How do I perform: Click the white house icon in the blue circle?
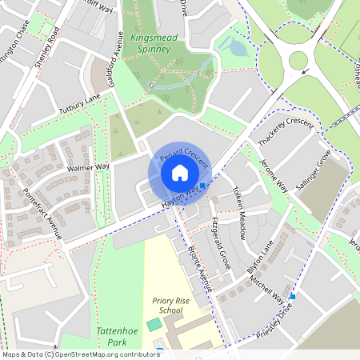[x=180, y=172]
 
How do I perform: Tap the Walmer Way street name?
[x=89, y=168]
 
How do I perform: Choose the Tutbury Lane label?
[x=79, y=104]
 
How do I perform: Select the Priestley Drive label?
[x=278, y=324]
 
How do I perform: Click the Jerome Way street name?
[x=273, y=175]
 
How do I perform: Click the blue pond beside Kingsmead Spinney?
[x=238, y=48]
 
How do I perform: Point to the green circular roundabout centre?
[x=298, y=60]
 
